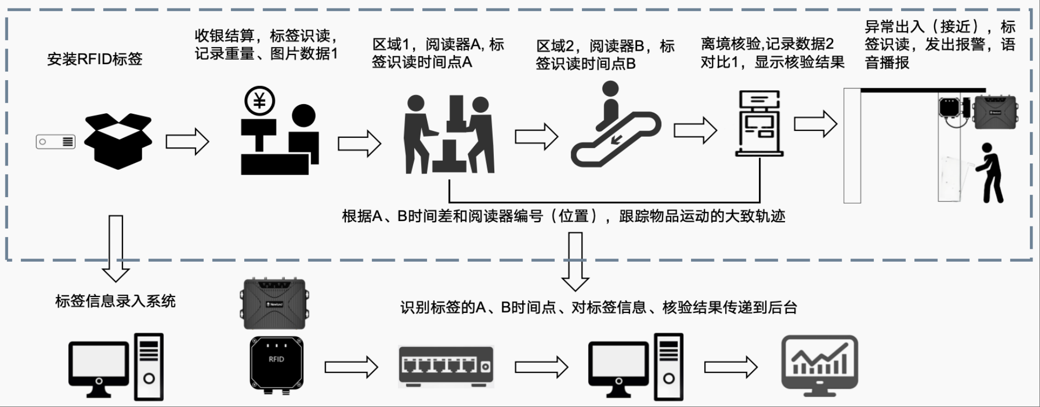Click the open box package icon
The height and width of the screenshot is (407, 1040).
point(118,141)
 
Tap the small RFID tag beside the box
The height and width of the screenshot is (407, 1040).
point(56,142)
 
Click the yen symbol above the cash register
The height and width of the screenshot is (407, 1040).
point(260,101)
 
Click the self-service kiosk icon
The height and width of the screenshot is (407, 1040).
point(759,123)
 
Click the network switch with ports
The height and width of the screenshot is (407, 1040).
point(446,366)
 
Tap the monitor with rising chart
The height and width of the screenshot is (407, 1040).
point(819,365)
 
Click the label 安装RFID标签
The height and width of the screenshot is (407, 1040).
point(95,59)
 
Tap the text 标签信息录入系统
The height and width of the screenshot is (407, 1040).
point(115,301)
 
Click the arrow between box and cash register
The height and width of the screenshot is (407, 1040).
point(187,142)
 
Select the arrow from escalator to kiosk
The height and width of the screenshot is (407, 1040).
point(695,130)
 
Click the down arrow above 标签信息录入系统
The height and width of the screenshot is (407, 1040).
point(115,247)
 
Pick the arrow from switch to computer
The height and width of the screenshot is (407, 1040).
point(541,367)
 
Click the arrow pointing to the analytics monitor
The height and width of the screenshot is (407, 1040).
point(731,367)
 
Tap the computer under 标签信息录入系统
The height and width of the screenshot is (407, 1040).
point(116,367)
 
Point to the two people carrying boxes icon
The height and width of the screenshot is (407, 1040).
point(448,135)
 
